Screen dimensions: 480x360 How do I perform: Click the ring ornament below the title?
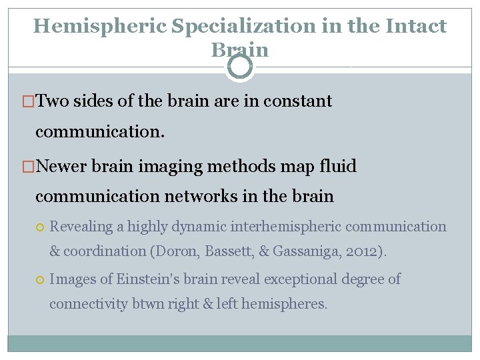tap(240, 67)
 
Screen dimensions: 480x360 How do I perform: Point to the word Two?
tap(53, 101)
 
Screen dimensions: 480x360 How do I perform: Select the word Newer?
tap(63, 165)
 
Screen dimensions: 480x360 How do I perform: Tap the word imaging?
tap(173, 165)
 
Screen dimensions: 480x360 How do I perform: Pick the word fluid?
tap(339, 165)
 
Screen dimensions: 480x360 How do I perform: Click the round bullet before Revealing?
tap(40, 227)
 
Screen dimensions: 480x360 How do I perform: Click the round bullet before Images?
tap(40, 279)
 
